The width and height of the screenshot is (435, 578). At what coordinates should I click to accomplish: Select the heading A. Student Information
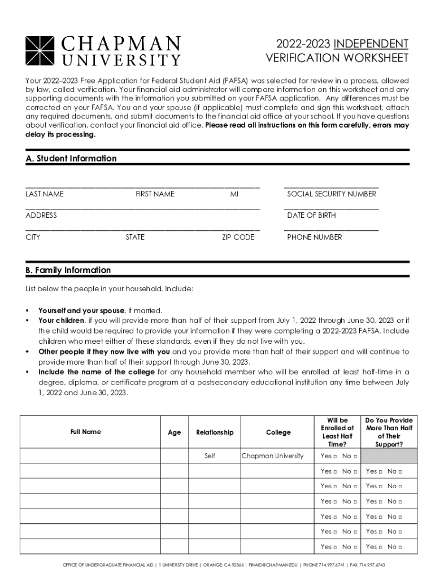(71, 159)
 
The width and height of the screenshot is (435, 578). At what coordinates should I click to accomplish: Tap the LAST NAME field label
(45, 194)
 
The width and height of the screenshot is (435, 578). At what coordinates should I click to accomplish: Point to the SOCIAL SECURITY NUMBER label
(331, 194)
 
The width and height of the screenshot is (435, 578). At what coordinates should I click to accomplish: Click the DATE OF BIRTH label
(311, 216)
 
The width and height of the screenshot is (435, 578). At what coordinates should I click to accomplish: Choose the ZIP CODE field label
(238, 238)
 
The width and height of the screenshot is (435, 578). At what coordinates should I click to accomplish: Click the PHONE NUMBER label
(314, 238)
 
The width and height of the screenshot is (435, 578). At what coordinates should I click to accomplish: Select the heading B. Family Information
(68, 270)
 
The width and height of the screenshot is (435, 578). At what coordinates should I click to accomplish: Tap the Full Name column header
(86, 432)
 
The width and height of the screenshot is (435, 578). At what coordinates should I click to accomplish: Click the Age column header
(175, 432)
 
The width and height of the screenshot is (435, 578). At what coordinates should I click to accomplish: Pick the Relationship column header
(215, 432)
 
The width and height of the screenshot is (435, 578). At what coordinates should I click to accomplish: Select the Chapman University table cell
(272, 456)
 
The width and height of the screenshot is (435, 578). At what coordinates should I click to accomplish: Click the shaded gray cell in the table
(389, 456)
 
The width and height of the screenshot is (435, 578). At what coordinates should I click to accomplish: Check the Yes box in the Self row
(335, 457)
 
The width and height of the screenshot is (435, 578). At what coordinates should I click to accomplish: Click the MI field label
(234, 194)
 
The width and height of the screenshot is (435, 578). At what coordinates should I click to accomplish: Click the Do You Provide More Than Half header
(389, 432)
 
